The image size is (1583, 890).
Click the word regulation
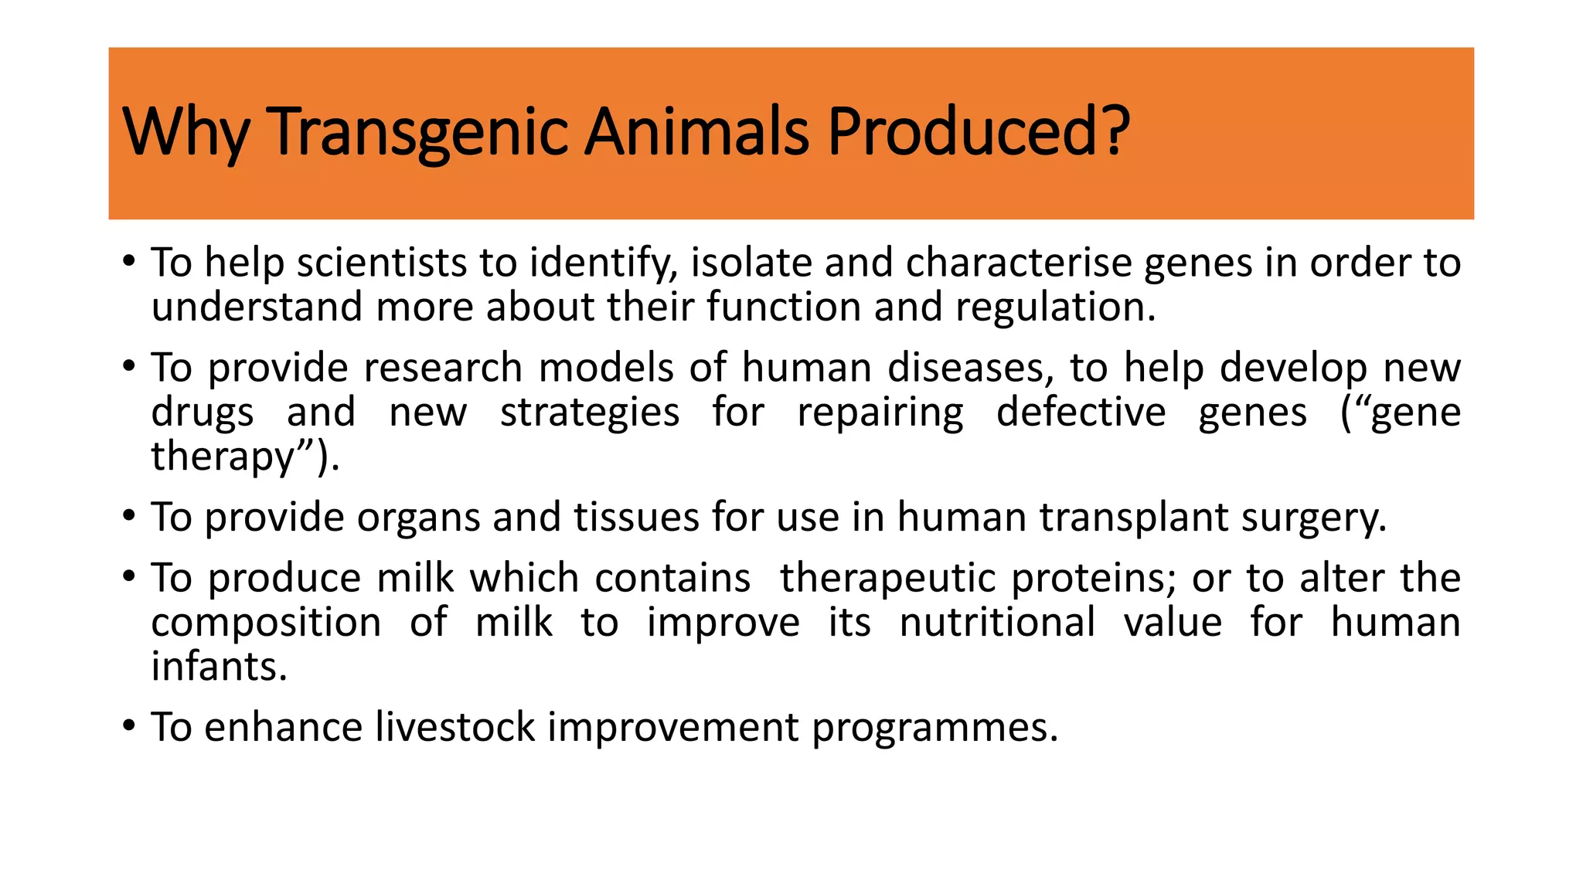pos(1055,307)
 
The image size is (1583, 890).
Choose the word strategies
pos(590,413)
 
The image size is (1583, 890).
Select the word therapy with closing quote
pos(244,457)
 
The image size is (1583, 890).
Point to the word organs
pos(418,518)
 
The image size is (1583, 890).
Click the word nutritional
pos(997,623)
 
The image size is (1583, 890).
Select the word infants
pos(219,667)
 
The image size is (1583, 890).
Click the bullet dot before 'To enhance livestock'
pos(128,726)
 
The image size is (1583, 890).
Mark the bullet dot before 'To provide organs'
pos(128,516)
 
